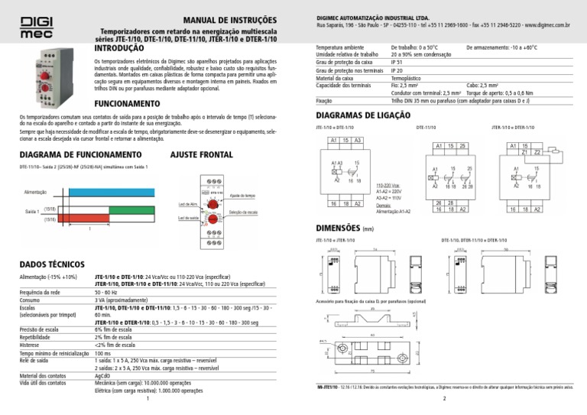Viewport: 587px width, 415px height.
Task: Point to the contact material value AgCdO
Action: [102, 376]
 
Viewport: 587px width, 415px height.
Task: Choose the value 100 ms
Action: [103, 355]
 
